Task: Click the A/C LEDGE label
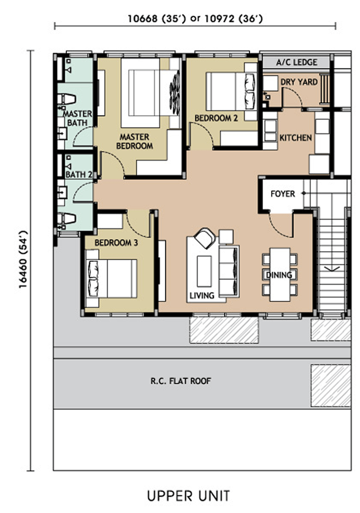pos(296,62)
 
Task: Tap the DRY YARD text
pos(299,82)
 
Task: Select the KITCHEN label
pos(295,138)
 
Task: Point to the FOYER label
pos(283,194)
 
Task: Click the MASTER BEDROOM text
pos(135,141)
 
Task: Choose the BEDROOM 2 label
pos(216,118)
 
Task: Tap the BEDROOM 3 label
pos(116,243)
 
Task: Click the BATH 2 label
pos(79,174)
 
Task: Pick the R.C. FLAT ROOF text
pos(181,381)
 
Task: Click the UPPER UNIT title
pos(188,496)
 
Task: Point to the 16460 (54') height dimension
pos(23,260)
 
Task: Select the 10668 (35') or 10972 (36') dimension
pos(195,19)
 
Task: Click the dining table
pos(280,275)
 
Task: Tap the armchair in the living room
pos(205,238)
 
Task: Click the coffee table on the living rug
pos(204,271)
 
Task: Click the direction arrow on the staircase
pos(332,268)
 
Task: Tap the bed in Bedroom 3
pos(111,278)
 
